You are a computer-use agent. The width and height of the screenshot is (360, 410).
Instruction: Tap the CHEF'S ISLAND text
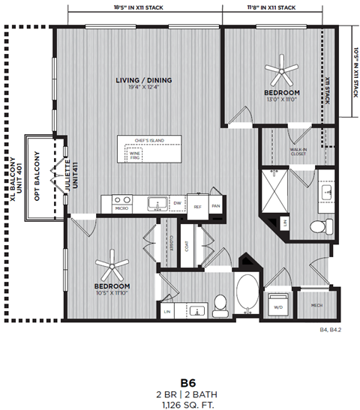click(150, 140)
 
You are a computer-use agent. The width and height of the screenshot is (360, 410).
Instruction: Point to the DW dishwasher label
click(178, 203)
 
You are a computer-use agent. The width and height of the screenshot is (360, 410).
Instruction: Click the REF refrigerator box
click(197, 206)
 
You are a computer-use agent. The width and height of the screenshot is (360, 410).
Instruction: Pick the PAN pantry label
click(215, 206)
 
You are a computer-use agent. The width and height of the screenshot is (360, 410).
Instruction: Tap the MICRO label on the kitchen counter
click(121, 208)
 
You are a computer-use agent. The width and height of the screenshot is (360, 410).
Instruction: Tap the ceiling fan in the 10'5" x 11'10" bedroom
click(112, 263)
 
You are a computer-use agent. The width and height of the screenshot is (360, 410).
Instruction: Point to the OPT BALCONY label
click(34, 178)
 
